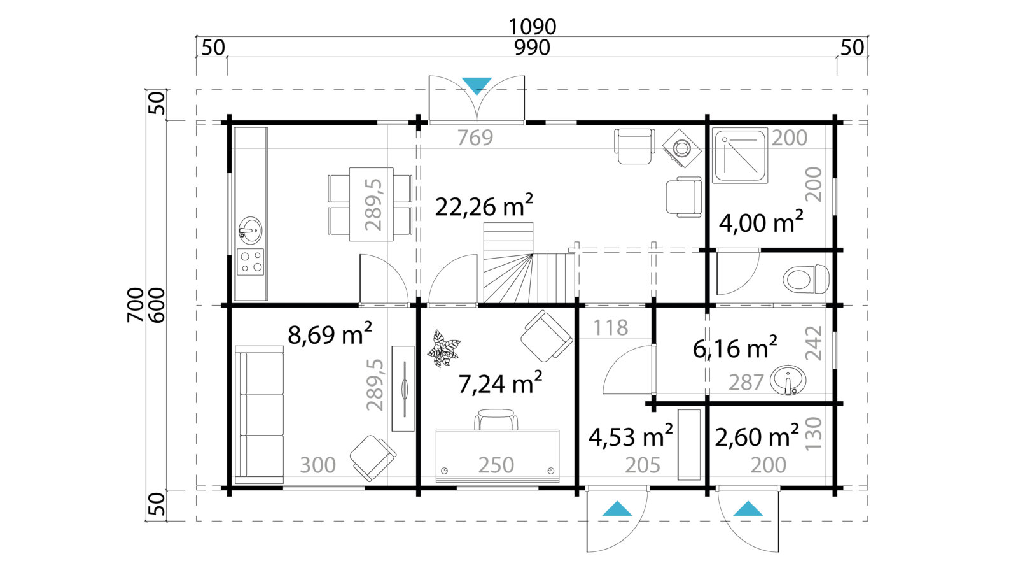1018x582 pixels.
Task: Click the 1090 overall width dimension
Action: click(532, 26)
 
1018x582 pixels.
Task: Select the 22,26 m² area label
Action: click(484, 206)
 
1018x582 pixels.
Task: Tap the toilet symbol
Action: click(806, 279)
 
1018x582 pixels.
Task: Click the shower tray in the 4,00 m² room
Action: click(740, 155)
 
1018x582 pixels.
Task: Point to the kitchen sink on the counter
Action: click(251, 230)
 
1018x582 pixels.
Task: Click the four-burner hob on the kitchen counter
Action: click(251, 262)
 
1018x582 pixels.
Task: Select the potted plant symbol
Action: click(443, 348)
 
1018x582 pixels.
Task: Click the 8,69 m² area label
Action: click(330, 334)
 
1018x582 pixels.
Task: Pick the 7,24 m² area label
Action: click(500, 383)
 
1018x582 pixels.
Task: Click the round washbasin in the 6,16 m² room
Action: click(788, 380)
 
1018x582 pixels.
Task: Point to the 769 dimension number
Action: click(475, 138)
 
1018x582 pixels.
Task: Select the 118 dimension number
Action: click(610, 327)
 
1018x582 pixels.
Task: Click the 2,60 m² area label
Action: click(757, 437)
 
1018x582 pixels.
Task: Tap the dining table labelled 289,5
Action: click(371, 204)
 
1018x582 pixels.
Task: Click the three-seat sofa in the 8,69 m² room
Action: click(259, 415)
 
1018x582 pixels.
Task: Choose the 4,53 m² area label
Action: click(630, 437)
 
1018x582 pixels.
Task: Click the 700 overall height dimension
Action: click(136, 304)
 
